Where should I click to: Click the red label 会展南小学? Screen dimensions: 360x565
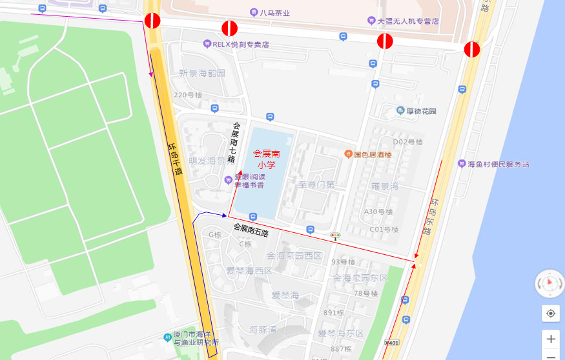click(x=266, y=159)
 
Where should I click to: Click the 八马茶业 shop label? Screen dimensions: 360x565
click(x=274, y=13)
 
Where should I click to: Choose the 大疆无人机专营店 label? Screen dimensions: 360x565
click(x=408, y=21)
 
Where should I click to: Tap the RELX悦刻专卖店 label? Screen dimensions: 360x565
click(x=241, y=45)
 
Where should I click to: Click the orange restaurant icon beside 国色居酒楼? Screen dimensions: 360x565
click(x=348, y=154)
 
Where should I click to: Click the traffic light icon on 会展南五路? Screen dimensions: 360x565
click(x=335, y=236)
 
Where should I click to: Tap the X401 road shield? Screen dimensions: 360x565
click(x=391, y=343)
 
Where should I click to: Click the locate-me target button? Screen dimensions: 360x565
click(x=550, y=314)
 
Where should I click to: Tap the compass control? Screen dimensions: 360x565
click(x=550, y=283)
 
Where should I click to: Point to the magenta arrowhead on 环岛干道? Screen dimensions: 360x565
click(x=151, y=74)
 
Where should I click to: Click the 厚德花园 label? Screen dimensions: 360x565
click(x=420, y=112)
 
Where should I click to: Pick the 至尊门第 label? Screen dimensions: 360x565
click(x=317, y=185)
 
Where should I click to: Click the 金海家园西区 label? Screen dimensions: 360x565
click(x=294, y=256)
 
